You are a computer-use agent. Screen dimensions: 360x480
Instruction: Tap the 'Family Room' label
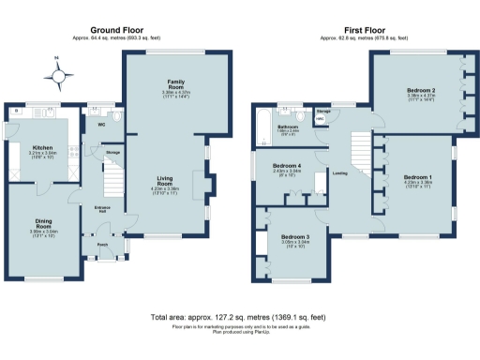pyautogui.click(x=175, y=85)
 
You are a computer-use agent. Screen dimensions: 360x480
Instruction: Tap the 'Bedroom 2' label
pyautogui.click(x=418, y=90)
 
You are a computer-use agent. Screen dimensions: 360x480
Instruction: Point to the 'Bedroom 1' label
pyautogui.click(x=418, y=176)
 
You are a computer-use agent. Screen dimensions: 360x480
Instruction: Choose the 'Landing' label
pyautogui.click(x=340, y=172)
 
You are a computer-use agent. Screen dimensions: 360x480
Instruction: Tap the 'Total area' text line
pyautogui.click(x=239, y=317)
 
